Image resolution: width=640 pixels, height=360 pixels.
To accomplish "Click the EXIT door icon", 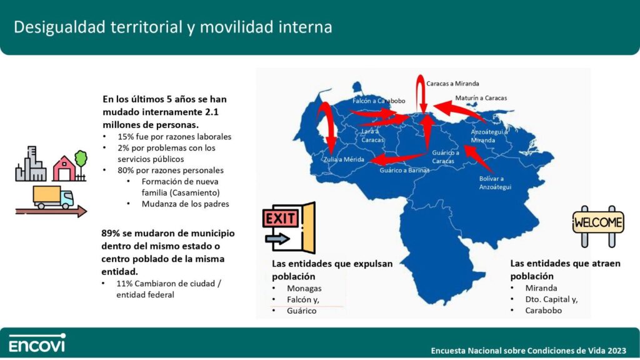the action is tap(289, 227).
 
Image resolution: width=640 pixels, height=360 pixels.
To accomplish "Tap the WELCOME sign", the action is tap(598, 226).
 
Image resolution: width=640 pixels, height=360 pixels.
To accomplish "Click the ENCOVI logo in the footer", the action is tap(37, 343).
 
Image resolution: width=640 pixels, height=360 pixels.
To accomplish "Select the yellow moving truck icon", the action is tap(53, 197).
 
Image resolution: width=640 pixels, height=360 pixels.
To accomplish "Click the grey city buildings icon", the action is tap(31, 164).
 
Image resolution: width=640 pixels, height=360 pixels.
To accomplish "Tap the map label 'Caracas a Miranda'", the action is tap(452, 84).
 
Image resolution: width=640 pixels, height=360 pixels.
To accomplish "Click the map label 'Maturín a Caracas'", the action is tap(481, 98).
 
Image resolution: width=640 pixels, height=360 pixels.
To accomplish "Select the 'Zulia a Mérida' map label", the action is tap(344, 159).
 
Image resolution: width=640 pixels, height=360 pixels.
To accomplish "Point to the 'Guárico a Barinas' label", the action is tap(404, 170).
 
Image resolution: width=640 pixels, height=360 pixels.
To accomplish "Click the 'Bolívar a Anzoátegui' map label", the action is tap(495, 183).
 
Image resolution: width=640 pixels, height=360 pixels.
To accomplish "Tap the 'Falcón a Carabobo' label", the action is tap(379, 101).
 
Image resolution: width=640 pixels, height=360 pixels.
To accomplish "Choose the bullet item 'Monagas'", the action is tap(304, 289).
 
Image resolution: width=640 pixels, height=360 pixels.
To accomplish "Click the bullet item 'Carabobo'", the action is tap(543, 311).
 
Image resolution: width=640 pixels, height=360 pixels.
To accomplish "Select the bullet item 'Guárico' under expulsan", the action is tap(302, 311).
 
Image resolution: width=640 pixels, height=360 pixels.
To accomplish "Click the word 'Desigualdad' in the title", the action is tap(57, 27).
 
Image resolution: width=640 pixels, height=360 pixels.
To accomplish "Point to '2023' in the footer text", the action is tap(617, 351).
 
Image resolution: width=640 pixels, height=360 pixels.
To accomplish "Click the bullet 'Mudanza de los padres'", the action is tap(185, 204).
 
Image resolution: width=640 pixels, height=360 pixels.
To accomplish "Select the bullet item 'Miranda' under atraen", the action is tap(541, 288).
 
